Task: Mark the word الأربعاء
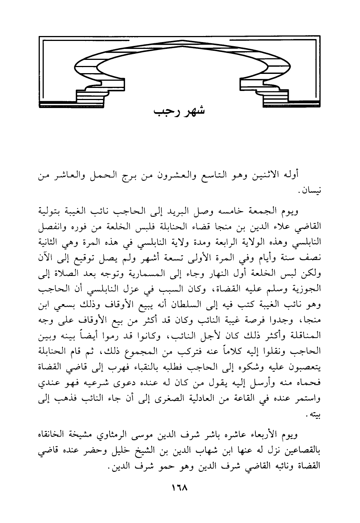tap(268, 434)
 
